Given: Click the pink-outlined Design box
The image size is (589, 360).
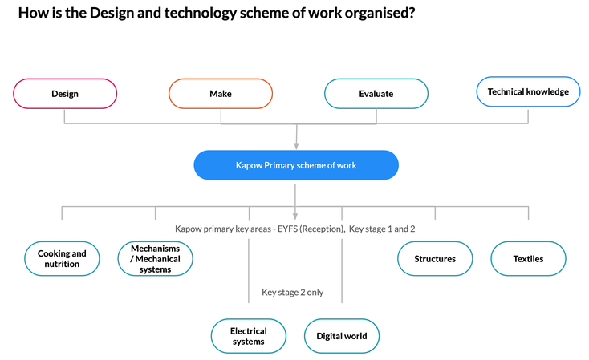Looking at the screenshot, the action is [x=65, y=94].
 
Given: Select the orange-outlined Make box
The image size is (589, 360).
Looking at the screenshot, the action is [x=221, y=94].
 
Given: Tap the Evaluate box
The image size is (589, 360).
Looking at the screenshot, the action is [x=376, y=94].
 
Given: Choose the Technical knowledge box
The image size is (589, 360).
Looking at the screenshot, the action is [x=528, y=91].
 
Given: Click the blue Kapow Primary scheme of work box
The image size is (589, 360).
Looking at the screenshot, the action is [x=296, y=165].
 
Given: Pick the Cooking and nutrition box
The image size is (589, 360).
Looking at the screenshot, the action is [x=62, y=259].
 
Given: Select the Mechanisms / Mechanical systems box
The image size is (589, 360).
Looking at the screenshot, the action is [x=155, y=259].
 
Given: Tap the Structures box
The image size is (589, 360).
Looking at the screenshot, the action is [x=435, y=259].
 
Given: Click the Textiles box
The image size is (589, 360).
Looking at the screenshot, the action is [x=528, y=259].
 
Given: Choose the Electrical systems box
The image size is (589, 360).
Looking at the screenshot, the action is [x=248, y=336].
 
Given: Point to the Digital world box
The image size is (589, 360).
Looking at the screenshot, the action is [x=342, y=336].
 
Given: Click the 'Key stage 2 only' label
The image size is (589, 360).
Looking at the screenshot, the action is [x=293, y=292].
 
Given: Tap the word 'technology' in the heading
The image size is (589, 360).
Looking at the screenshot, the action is [x=201, y=13].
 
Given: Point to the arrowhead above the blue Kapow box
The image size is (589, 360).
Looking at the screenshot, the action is [x=296, y=146].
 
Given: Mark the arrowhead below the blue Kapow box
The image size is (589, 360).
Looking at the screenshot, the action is [x=295, y=216].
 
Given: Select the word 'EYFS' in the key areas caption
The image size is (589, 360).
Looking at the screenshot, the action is [x=287, y=229].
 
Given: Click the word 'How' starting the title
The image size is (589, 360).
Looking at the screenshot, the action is [x=30, y=13].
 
